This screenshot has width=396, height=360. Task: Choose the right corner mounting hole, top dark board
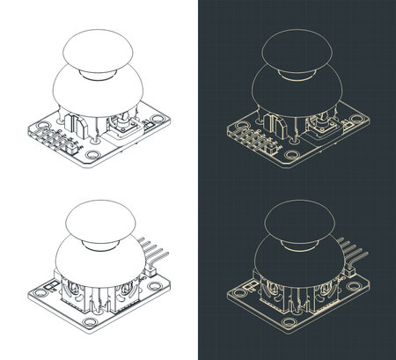(x=356, y=117)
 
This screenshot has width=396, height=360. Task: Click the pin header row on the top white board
(x=55, y=139)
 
